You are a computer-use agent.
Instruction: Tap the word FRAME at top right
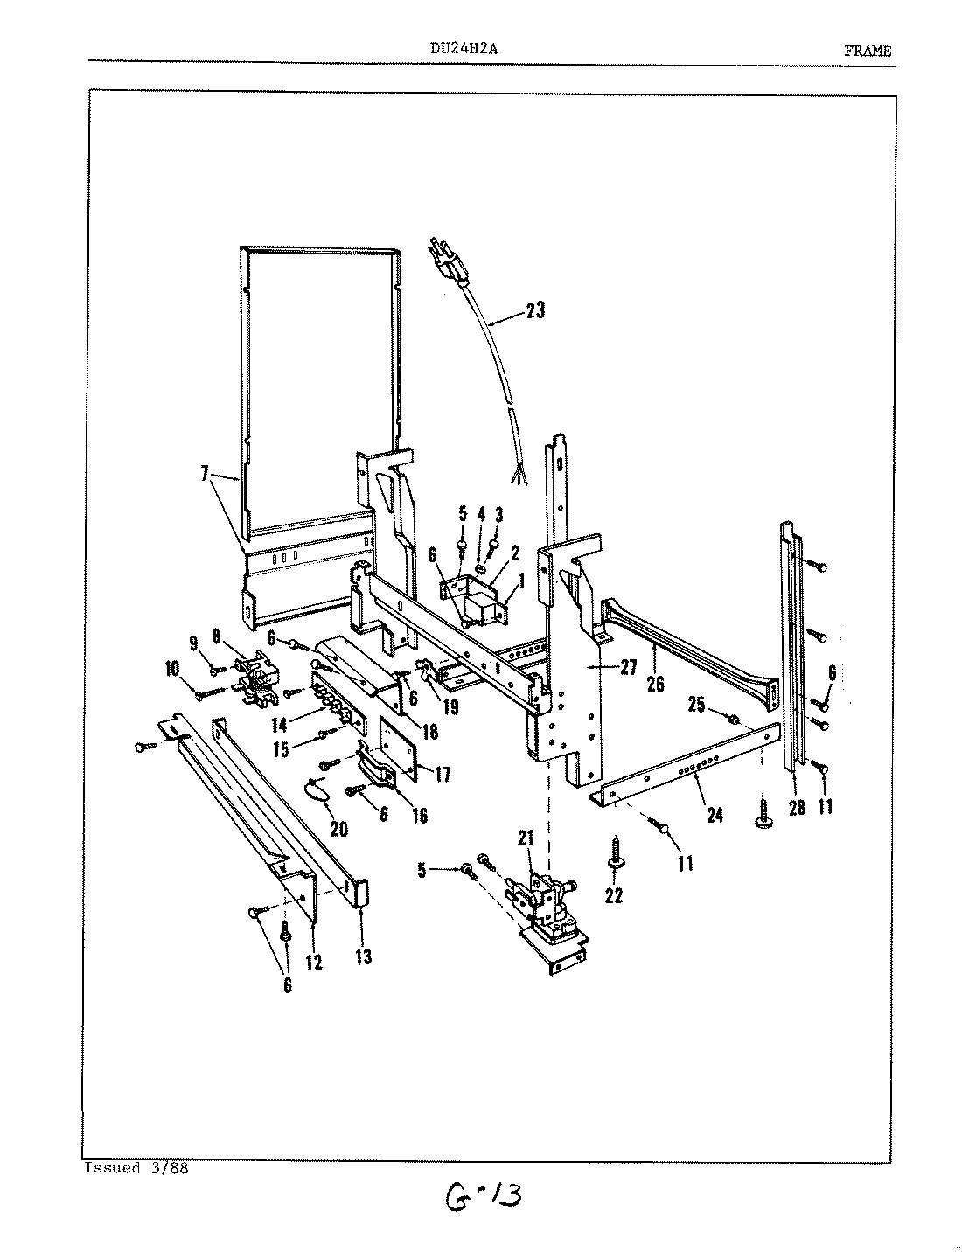tap(868, 51)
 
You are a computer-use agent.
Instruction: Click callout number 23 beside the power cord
tap(534, 310)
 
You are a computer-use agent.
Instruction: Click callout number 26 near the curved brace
tap(654, 684)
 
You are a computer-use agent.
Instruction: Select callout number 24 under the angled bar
tap(715, 815)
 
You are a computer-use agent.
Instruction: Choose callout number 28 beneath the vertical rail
tap(796, 807)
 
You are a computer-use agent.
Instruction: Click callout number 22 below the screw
tap(614, 895)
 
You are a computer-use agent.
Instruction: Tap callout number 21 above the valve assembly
tap(526, 839)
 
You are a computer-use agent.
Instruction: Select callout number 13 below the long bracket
tap(364, 956)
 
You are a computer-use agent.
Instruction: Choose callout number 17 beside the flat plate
tap(443, 774)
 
